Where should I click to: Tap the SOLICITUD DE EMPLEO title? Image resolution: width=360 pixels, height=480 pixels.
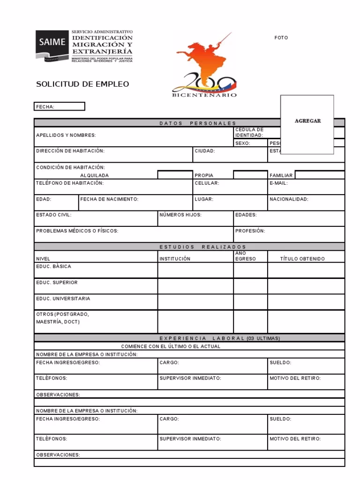(x=82, y=84)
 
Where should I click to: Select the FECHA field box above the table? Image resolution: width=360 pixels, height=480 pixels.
(x=60, y=107)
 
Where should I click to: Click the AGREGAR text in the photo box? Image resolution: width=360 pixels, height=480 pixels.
(x=307, y=121)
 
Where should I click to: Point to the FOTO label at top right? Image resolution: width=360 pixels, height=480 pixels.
(x=281, y=38)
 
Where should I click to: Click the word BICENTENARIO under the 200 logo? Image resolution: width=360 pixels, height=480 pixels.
(x=204, y=95)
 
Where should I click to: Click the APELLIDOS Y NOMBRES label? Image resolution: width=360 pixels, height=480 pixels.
(x=66, y=135)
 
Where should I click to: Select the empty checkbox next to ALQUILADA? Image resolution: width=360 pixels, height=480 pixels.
(x=175, y=175)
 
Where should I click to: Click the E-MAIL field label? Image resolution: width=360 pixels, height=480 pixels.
(x=278, y=183)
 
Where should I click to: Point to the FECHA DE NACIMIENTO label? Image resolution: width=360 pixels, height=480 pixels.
(x=109, y=199)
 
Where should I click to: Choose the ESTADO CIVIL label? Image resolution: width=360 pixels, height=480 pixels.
(x=54, y=215)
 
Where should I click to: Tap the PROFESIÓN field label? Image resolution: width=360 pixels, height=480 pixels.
(x=250, y=231)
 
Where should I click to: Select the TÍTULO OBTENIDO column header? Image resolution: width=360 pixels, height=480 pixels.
(x=302, y=259)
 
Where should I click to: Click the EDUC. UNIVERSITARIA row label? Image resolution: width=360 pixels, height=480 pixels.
(x=63, y=299)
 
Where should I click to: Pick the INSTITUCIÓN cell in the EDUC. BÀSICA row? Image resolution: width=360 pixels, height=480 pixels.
(x=195, y=270)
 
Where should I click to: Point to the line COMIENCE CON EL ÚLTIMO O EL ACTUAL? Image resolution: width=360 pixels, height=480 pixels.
(x=171, y=346)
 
